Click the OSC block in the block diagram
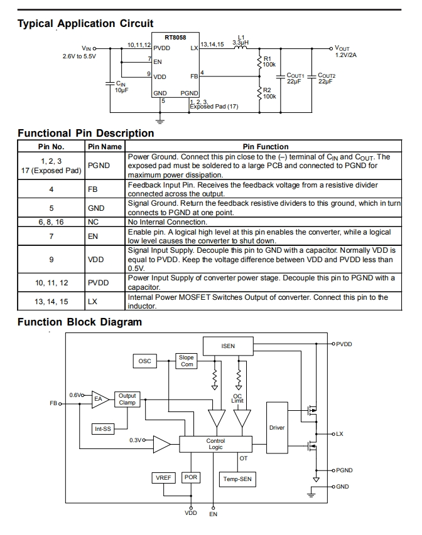(144, 361)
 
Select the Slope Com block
(187, 361)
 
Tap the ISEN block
(228, 346)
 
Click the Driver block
(277, 428)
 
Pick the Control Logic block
(215, 444)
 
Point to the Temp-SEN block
(237, 479)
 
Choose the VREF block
(163, 478)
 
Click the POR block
(191, 477)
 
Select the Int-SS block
(103, 429)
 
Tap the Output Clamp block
(127, 399)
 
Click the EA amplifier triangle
(100, 399)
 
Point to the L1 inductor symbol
(241, 48)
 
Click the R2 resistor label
(269, 93)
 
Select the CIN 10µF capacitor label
(122, 87)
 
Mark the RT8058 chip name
(175, 38)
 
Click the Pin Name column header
(105, 147)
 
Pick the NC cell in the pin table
(93, 222)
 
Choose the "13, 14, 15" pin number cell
(51, 302)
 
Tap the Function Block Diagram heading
(80, 322)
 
